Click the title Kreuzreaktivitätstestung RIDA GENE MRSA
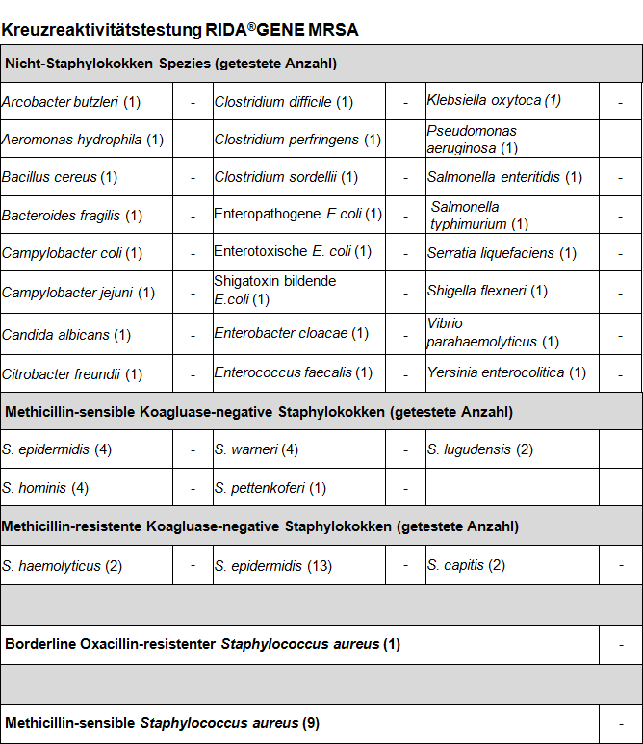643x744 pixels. tap(180, 30)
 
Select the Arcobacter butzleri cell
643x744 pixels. tap(71, 102)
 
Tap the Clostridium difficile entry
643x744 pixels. tap(284, 102)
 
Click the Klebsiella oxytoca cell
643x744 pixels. tap(494, 100)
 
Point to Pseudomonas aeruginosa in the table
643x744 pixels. tap(473, 140)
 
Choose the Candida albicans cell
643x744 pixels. tap(66, 335)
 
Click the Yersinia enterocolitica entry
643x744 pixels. tap(506, 372)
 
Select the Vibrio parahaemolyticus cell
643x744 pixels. tap(493, 333)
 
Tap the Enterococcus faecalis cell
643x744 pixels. tap(294, 372)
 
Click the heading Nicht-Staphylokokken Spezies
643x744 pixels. tap(170, 64)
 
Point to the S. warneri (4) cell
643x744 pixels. tap(256, 449)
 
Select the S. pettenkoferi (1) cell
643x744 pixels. tap(270, 488)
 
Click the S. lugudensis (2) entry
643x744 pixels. tap(480, 449)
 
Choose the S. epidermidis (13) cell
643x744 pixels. tap(273, 566)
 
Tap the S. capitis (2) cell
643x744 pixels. tap(466, 565)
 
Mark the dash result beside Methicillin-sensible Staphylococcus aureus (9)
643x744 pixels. tap(621, 723)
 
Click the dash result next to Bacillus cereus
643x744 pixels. tap(193, 178)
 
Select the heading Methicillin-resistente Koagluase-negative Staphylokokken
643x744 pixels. tap(260, 526)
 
